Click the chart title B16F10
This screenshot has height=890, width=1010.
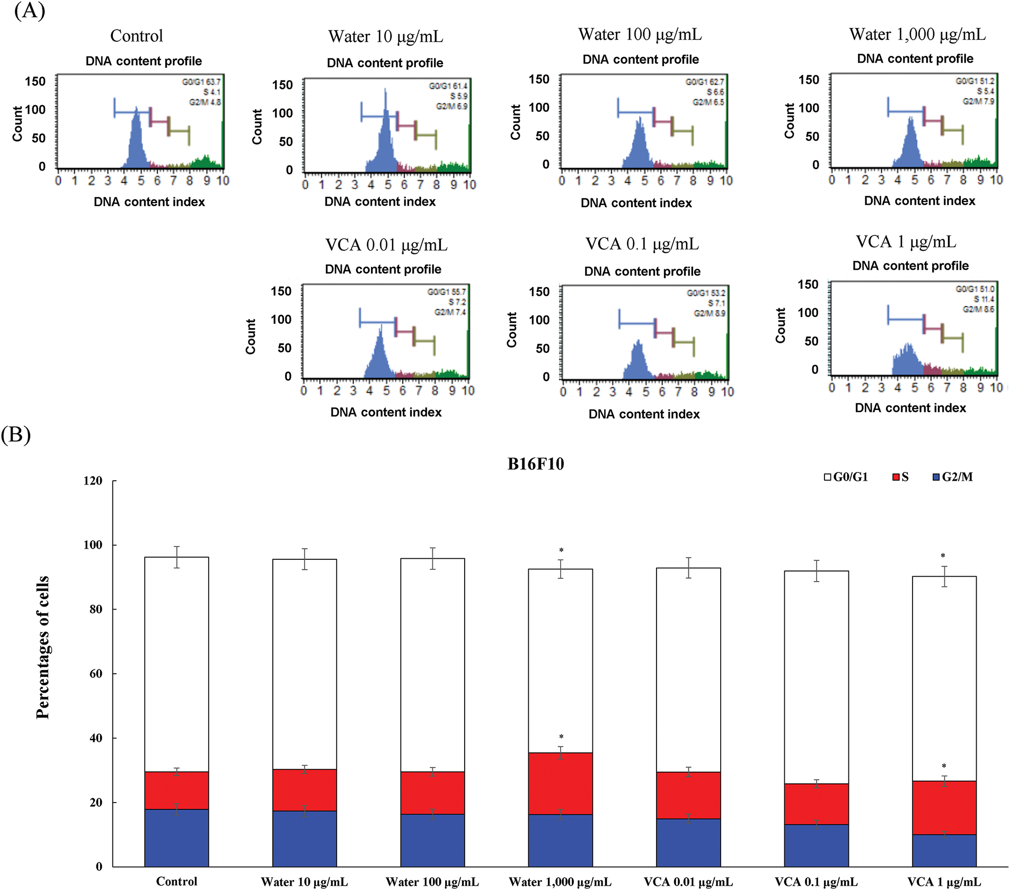[536, 464]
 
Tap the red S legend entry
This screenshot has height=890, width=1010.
[901, 477]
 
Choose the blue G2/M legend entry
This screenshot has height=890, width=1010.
[953, 477]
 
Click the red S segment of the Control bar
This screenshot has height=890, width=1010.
[176, 790]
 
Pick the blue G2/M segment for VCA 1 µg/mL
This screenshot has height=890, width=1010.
[944, 851]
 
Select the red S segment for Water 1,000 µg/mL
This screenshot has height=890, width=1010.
[560, 783]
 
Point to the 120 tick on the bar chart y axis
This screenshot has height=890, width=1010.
[93, 481]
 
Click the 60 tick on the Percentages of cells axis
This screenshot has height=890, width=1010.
[96, 674]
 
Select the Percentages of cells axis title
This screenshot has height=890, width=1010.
[43, 647]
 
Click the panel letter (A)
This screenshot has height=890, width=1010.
[29, 11]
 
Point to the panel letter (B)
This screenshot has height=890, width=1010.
[16, 435]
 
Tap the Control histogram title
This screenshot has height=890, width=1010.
[137, 36]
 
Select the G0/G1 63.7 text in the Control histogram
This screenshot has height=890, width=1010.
[201, 82]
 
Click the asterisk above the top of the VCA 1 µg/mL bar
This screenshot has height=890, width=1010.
[943, 556]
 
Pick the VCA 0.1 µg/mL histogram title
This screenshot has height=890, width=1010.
[642, 244]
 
